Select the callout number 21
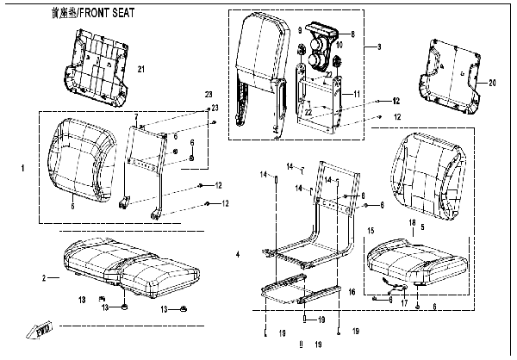pos(143,68)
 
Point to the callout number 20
pos(492,84)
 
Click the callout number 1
pos(22,168)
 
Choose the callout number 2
pos(43,278)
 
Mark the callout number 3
pos(377,46)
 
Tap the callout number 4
pos(238,254)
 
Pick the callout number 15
pos(371,231)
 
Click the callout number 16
pos(351,293)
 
